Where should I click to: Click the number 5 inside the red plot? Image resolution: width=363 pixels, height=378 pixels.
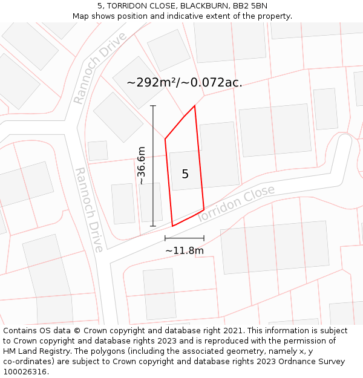185,174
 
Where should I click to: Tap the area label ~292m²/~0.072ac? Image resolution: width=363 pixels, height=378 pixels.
185,83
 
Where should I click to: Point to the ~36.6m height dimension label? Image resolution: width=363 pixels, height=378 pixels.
141,165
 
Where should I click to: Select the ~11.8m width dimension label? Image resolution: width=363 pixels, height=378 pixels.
185,250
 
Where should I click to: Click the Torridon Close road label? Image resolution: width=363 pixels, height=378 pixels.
236,203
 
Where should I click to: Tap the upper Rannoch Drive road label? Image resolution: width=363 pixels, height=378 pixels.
100,68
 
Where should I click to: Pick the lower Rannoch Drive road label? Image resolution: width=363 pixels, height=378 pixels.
89,209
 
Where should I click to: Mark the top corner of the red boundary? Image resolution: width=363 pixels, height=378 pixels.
195,106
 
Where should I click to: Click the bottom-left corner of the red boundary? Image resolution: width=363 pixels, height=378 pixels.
172,226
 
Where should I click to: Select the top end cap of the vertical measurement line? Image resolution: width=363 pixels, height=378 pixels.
153,106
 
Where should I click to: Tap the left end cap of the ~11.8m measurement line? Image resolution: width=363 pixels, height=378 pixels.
165,238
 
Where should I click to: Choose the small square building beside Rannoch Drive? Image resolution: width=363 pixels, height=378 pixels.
98,151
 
